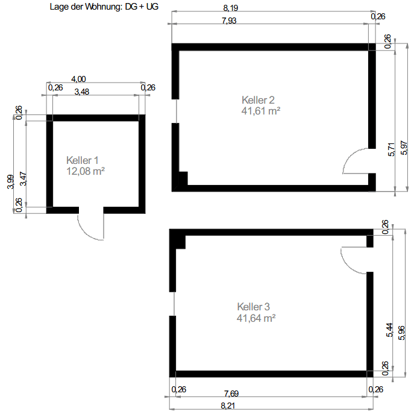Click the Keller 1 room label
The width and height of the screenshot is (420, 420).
click(83, 160)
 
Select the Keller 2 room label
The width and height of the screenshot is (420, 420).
click(258, 100)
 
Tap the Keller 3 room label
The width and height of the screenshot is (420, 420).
click(254, 307)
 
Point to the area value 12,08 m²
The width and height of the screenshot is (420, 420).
click(86, 171)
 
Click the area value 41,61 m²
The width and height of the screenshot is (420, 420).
click(261, 111)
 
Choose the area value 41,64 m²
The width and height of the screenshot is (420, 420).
click(256, 318)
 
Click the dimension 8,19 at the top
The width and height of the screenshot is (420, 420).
click(231, 8)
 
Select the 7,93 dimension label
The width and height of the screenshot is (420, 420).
click(230, 20)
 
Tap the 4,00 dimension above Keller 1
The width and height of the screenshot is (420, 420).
click(78, 79)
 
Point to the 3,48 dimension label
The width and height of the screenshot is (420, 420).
click(82, 92)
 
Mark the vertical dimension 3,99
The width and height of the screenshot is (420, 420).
click(10, 181)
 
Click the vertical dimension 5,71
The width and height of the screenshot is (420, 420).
click(391, 149)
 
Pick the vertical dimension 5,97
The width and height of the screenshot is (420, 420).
click(404, 148)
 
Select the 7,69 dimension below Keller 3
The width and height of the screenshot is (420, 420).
click(231, 393)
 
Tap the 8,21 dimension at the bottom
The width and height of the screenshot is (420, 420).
click(228, 406)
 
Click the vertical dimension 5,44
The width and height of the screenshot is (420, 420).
click(389, 330)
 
